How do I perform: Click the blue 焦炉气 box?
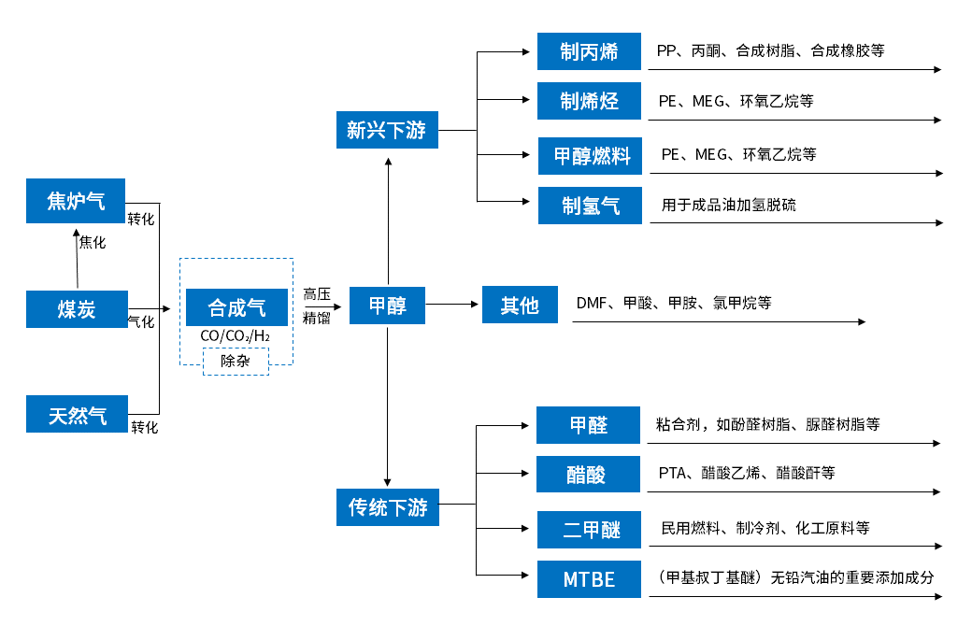76,200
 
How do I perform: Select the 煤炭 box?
76,308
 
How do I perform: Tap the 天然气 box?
77,415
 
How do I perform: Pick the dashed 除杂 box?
236,361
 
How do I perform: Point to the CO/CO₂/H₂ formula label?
236,335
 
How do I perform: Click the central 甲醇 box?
387,305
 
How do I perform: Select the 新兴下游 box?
387,130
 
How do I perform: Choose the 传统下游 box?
387,507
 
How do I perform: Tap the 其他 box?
520,305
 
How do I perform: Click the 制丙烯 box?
589,50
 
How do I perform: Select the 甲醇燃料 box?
591,155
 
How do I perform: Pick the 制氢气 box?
590,206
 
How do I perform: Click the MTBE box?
589,579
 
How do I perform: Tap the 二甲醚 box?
589,529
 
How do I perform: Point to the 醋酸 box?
587,474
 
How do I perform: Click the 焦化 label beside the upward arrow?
93,242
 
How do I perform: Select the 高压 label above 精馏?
317,293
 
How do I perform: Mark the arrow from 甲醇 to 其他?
452,304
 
